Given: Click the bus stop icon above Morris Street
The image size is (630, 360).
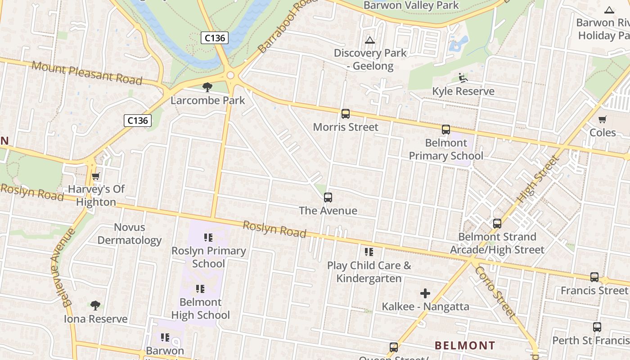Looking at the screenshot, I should click(346, 114).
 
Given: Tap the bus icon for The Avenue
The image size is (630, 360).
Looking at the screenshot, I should click(328, 198).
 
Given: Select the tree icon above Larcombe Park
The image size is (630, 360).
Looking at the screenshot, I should click(207, 87).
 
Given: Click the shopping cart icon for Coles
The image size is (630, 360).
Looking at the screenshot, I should click(603, 119).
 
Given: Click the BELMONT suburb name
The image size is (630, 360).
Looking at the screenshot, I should click(465, 346).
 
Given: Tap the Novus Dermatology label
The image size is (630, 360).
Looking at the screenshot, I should click(130, 234).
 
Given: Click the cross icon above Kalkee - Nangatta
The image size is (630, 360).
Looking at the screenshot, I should click(425, 294).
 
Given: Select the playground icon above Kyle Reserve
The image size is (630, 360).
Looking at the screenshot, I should click(463, 78).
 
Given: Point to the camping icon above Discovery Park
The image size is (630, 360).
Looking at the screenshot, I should click(370, 40).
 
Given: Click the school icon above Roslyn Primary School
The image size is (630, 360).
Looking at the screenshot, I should click(208, 237).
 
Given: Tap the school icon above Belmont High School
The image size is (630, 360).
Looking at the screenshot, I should click(200, 288).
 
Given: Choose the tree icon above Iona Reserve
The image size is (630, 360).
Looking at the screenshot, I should click(95, 306).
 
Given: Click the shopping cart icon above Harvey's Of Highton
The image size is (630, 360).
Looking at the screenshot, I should click(95, 176).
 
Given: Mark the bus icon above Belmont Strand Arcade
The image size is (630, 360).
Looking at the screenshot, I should click(497, 224).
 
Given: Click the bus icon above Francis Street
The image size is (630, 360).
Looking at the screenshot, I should click(594, 277).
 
